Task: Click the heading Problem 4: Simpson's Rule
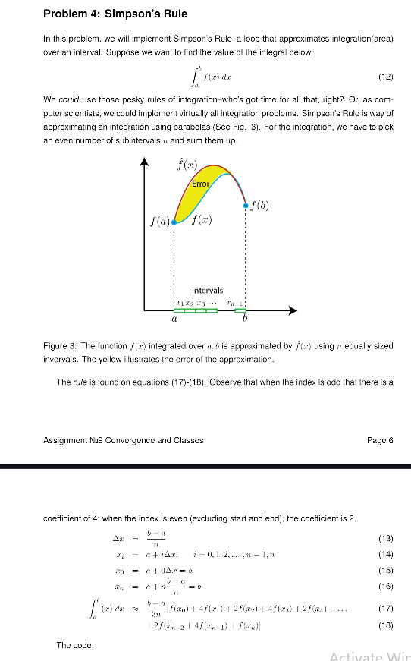pyautogui.click(x=115, y=14)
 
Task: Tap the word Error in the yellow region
pyautogui.click(x=200, y=184)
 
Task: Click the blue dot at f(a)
pyautogui.click(x=174, y=222)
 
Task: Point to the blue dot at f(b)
pyautogui.click(x=246, y=206)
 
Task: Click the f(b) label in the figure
pyautogui.click(x=260, y=203)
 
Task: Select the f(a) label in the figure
pyautogui.click(x=159, y=222)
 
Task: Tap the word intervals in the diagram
pyautogui.click(x=208, y=291)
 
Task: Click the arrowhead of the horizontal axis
pyautogui.click(x=294, y=310)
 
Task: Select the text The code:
pyautogui.click(x=74, y=645)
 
